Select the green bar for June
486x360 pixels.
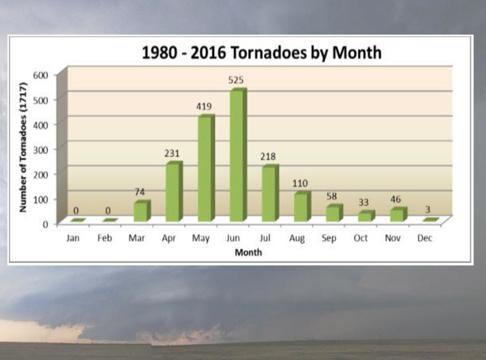(x=238, y=155)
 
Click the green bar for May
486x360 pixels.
(x=206, y=168)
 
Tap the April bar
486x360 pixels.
(x=174, y=191)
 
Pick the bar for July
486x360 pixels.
(x=270, y=193)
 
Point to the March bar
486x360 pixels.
(x=142, y=211)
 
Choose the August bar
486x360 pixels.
(x=303, y=207)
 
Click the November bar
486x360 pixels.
(x=399, y=214)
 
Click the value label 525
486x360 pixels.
(x=236, y=80)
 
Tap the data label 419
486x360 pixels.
(x=203, y=107)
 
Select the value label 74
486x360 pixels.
(x=140, y=192)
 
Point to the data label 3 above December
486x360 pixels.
(x=428, y=210)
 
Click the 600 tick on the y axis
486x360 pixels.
(x=40, y=75)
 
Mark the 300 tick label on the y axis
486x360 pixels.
(x=40, y=150)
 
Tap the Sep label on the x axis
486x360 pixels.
(x=329, y=239)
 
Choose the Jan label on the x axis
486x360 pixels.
(x=73, y=238)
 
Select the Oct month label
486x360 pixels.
(x=361, y=238)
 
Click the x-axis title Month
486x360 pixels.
(x=249, y=252)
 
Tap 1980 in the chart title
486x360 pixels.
(x=158, y=53)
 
